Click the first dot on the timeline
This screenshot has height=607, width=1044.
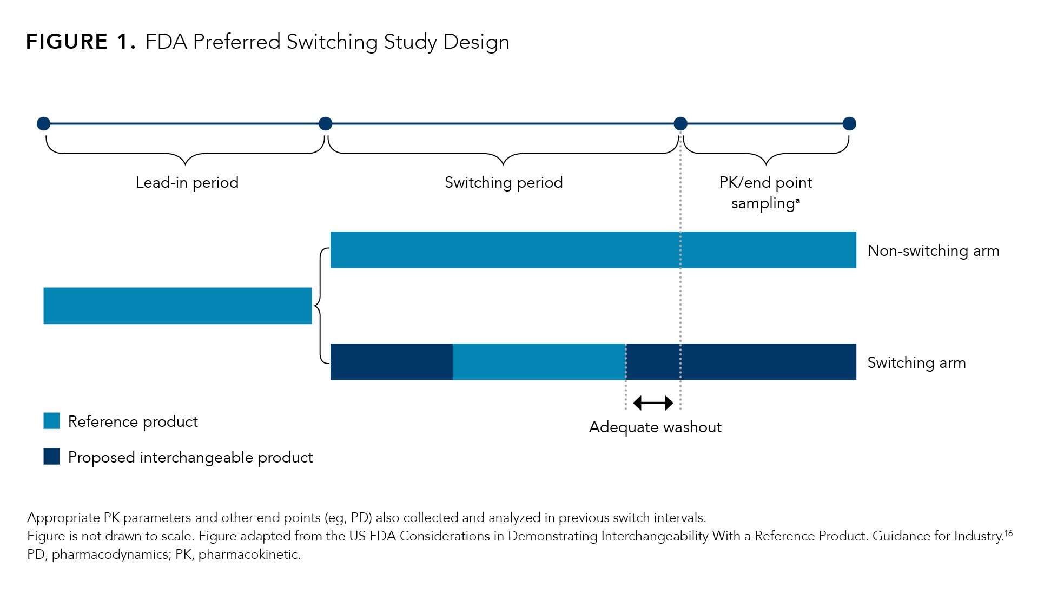(x=44, y=124)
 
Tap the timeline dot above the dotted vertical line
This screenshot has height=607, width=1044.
(x=680, y=124)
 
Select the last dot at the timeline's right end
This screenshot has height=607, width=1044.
(x=849, y=124)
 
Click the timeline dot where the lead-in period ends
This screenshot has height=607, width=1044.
(x=325, y=124)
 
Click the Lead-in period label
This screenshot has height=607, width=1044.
(x=187, y=183)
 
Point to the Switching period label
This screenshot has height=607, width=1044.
(x=504, y=183)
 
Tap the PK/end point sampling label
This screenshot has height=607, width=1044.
(x=765, y=193)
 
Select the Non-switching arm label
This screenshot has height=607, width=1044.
(x=933, y=251)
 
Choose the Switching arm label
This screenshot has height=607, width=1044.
(x=916, y=362)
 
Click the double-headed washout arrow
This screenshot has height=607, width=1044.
(x=653, y=403)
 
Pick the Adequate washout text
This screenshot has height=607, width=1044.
(x=655, y=427)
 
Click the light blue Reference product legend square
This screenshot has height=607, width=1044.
(x=52, y=421)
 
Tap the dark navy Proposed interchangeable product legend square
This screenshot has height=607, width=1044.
(x=52, y=457)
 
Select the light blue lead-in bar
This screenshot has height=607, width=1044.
(x=177, y=306)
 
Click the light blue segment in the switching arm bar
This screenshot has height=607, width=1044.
(x=539, y=361)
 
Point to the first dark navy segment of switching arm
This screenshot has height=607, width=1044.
(x=391, y=361)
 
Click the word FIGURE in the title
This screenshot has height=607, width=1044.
(x=67, y=42)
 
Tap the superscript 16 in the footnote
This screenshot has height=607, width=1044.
(x=1008, y=533)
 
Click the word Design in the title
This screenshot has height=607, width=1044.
(x=476, y=42)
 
